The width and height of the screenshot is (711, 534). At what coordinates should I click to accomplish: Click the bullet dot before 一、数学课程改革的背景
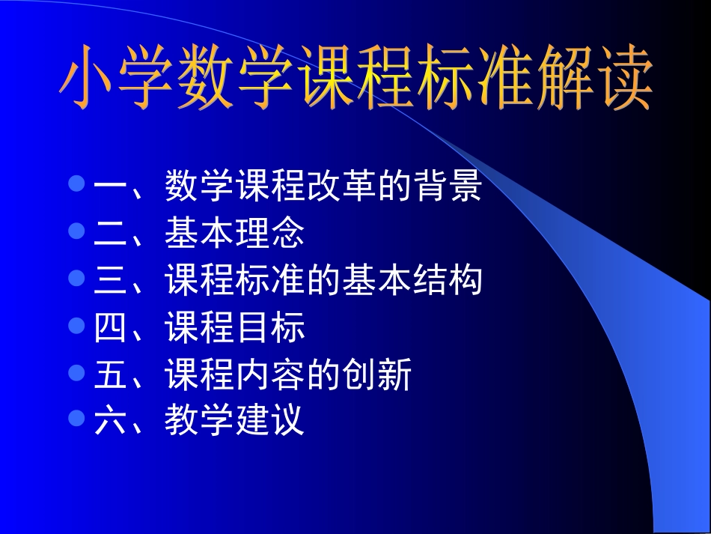click(76, 184)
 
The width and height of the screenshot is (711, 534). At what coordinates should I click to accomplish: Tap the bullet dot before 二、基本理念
click(76, 231)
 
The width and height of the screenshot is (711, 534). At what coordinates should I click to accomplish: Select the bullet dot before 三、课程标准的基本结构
click(76, 279)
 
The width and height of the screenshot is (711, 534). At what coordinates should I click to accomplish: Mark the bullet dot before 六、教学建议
click(76, 419)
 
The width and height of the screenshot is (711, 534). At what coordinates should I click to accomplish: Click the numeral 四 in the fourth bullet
click(111, 329)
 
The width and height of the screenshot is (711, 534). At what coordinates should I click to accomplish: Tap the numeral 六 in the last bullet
click(111, 422)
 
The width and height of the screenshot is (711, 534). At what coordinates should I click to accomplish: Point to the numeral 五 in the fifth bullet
click(111, 375)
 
